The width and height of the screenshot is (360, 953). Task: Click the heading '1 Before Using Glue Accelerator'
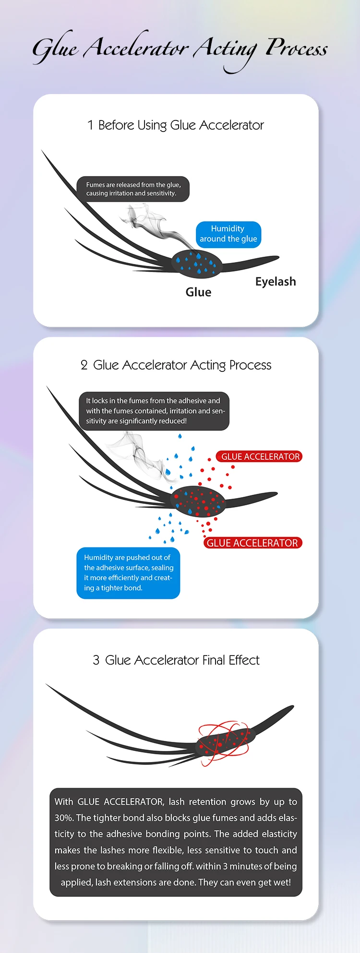176,125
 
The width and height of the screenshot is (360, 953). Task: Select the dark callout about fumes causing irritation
133,189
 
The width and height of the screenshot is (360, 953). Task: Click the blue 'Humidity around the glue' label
228,234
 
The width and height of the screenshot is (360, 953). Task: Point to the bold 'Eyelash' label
276,282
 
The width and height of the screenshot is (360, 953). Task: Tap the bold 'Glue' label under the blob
198,292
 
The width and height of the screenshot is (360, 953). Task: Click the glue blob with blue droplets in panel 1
197,263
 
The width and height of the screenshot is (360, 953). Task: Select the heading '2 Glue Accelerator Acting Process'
176,365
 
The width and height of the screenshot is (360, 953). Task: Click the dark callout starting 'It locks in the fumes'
154,411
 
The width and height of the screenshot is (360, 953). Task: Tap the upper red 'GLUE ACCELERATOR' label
260,457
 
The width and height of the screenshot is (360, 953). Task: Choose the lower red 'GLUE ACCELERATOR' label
252,543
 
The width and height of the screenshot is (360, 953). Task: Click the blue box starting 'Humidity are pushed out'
128,573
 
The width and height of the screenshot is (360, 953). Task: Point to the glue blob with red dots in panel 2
198,501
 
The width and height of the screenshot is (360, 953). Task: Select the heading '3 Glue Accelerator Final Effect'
176,660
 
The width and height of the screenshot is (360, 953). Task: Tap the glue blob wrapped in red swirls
224,741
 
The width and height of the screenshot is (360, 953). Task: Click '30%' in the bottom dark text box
64,818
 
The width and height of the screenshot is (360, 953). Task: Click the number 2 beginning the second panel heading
84,366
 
